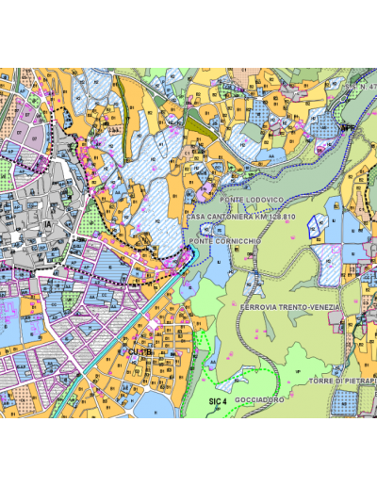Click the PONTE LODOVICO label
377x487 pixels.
point(253,201)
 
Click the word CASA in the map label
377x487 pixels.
point(197,217)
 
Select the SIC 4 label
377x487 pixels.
point(218,401)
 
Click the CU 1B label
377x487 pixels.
point(140,351)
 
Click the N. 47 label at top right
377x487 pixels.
point(361,88)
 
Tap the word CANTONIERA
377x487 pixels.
point(227,217)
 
